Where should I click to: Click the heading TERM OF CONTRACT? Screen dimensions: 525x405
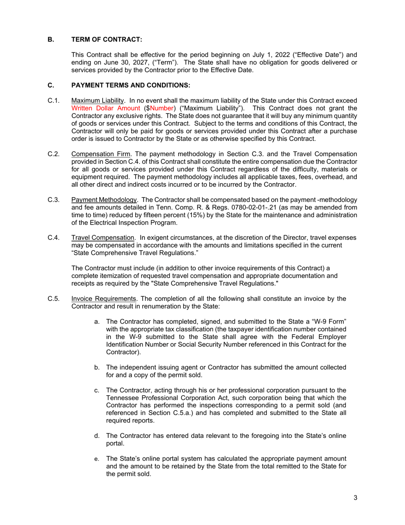coord(106,40)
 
